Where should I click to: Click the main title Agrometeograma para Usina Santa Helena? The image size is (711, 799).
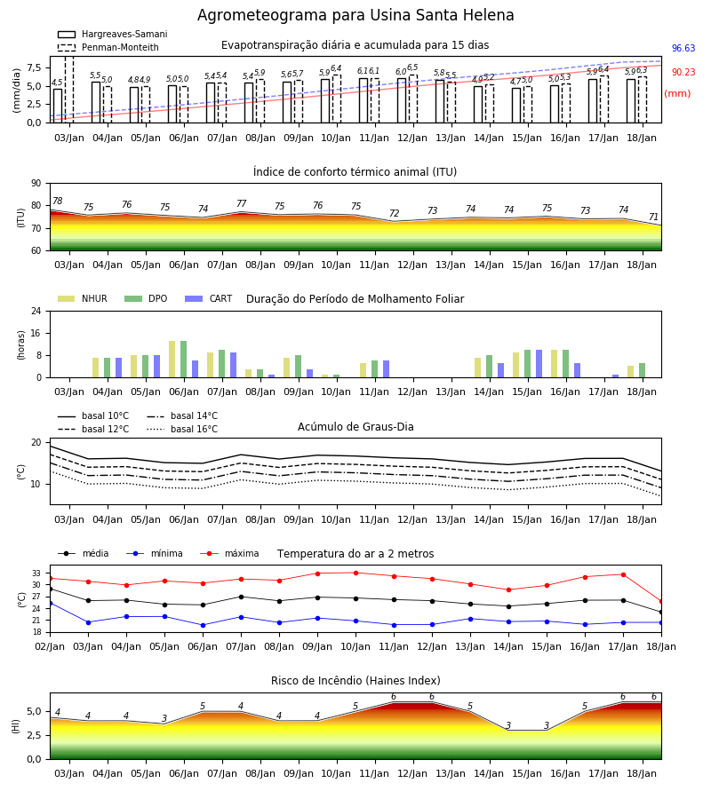tap(355, 15)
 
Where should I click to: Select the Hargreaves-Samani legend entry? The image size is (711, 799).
tap(113, 34)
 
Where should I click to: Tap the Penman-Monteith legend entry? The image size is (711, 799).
tap(108, 47)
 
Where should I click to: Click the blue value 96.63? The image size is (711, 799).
tap(683, 49)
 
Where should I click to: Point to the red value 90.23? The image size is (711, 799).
tap(683, 73)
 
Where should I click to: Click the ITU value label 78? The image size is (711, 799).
tap(58, 201)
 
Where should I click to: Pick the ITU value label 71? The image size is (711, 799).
tap(653, 218)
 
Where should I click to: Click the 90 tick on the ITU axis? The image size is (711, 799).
tap(36, 184)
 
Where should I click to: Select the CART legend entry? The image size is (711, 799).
tap(209, 298)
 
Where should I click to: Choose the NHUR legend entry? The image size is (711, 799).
tap(83, 298)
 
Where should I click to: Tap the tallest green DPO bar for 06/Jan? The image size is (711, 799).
tap(184, 360)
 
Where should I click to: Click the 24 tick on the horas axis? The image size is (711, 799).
tap(36, 311)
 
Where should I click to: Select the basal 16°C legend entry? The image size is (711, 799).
tap(182, 429)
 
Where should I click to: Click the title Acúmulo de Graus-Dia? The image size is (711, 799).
tap(355, 426)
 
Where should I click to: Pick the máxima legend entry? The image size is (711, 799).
tap(229, 553)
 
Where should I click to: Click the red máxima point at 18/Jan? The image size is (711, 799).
tap(661, 602)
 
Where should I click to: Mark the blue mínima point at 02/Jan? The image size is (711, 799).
tap(50, 604)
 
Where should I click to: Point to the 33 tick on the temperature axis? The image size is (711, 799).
tap(36, 574)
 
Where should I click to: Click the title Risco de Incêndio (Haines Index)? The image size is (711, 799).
tap(355, 681)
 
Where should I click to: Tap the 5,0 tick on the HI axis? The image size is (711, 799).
tap(34, 712)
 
